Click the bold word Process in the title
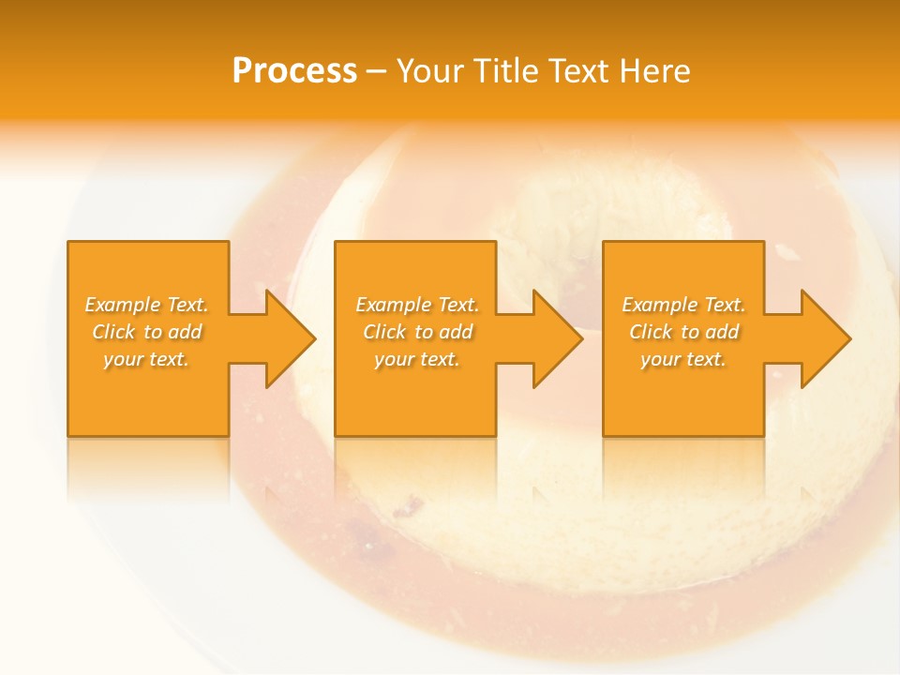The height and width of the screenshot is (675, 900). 294,71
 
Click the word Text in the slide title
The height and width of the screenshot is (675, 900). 577,71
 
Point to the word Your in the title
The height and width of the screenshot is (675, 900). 429,71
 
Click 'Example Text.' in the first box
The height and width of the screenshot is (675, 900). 146,305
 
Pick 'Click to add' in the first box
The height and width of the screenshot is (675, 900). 146,332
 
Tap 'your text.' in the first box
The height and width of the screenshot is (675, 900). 146,359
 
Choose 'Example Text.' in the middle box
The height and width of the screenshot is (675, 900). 416,305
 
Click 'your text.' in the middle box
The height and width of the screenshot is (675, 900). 416,359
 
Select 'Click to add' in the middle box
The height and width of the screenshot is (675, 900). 416,332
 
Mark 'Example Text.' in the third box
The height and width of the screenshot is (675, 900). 683,305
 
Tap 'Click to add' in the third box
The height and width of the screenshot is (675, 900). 683,332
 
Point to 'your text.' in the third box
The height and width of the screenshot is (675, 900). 683,359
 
